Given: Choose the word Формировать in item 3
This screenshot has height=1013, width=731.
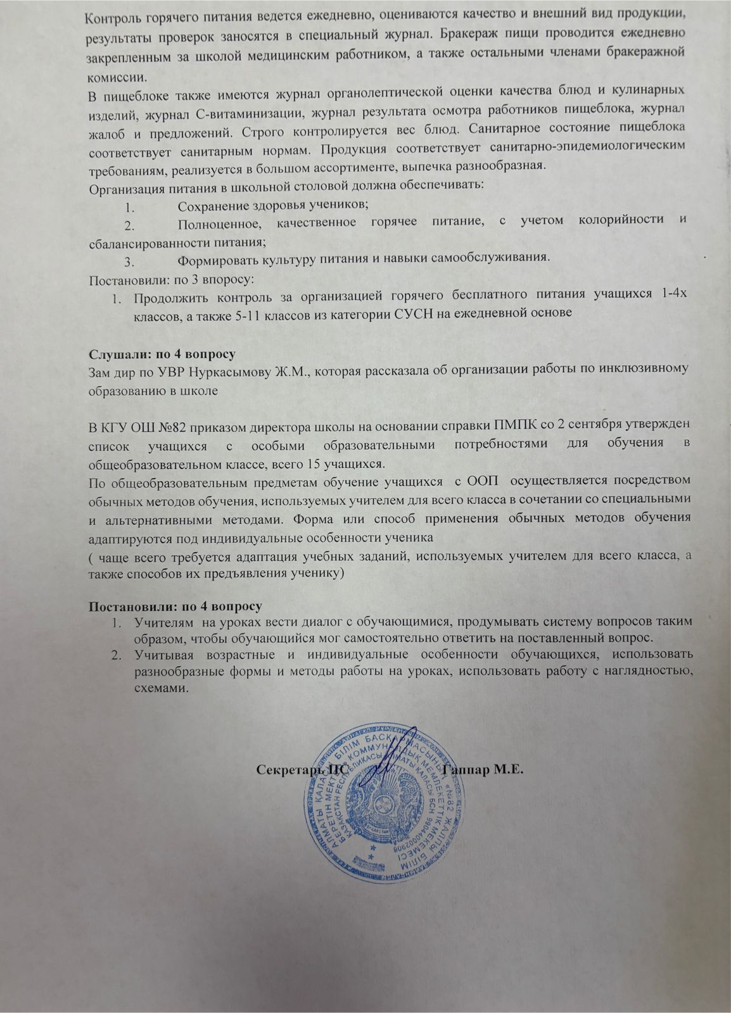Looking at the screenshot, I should tap(215, 259).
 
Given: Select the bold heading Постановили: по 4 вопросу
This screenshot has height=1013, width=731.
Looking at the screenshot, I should tap(175, 605).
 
